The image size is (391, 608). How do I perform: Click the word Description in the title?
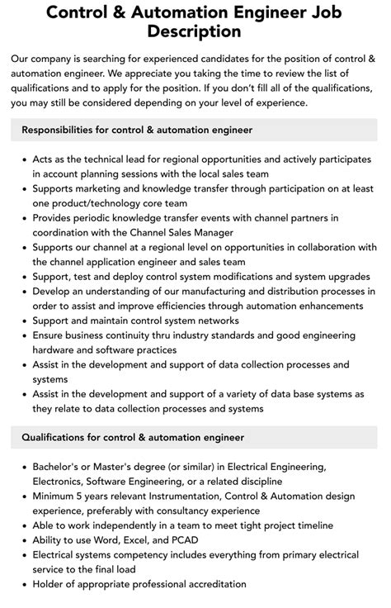click(195, 31)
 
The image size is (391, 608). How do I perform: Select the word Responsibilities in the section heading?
click(66, 130)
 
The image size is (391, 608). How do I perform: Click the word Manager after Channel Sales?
click(198, 232)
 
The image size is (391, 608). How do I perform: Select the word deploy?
click(125, 277)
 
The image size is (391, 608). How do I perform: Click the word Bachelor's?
click(59, 467)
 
